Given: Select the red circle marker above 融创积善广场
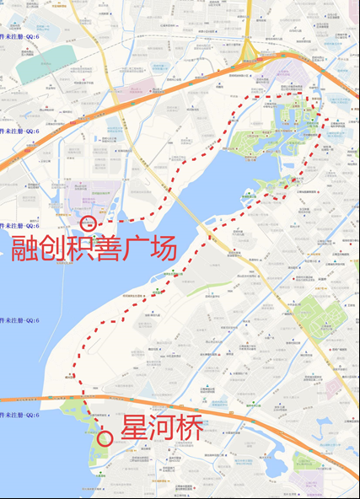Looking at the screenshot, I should pos(88,223).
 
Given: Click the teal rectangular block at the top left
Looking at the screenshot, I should pos(42,67).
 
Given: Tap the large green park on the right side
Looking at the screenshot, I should pos(318,319).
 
